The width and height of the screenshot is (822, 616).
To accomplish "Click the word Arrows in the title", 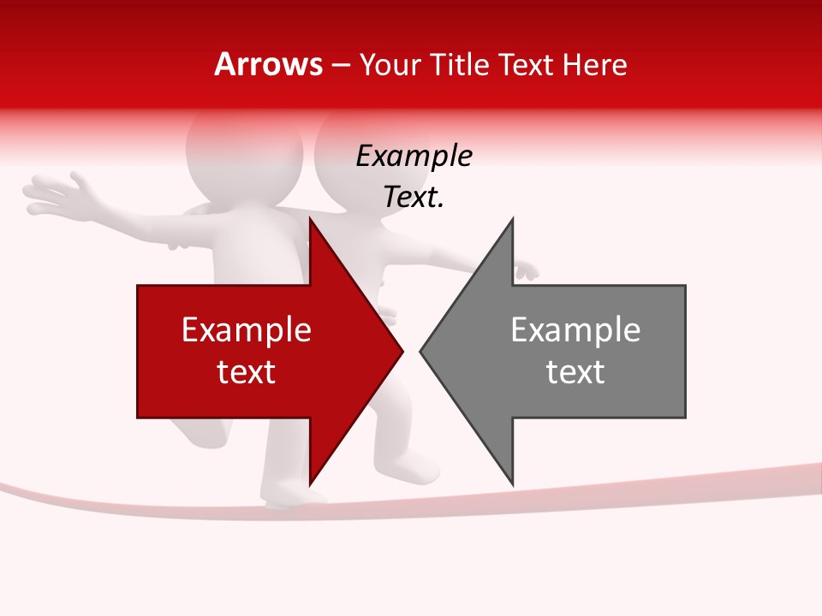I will click(x=269, y=64).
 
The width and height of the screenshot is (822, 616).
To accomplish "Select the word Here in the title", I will click(x=595, y=64).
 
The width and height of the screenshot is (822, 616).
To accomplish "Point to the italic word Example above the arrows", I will click(x=414, y=157).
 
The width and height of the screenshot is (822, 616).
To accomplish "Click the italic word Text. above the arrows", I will click(x=414, y=198).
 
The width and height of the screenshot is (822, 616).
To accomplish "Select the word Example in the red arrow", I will click(x=247, y=330).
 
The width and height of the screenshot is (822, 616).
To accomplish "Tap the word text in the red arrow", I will click(x=247, y=372).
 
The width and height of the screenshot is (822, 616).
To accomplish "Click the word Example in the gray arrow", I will click(x=575, y=330).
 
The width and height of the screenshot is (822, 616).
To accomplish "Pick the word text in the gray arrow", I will click(x=575, y=372).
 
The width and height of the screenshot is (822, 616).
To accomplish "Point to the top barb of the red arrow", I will click(x=313, y=227).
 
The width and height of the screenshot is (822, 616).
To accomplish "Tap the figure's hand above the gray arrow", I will click(x=525, y=271).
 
